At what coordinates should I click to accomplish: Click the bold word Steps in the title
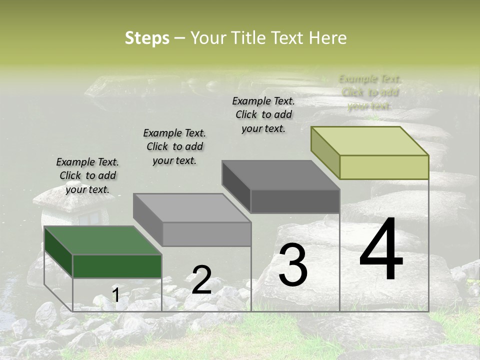tap(147, 38)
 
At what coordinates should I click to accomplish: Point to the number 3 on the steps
tap(293, 265)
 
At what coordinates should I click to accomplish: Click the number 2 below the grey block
tap(201, 280)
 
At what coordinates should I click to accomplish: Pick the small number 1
tap(115, 295)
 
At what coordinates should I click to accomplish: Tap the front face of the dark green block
tap(117, 266)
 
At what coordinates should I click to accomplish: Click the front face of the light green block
tap(384, 167)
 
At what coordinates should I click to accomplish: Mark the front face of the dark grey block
tap(295, 201)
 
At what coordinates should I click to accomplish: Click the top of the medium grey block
tap(192, 207)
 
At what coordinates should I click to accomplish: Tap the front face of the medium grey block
tap(206, 234)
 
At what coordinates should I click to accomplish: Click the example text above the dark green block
tap(87, 175)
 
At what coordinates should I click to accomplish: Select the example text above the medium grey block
tap(174, 146)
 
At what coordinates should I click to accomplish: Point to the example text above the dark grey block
tap(263, 114)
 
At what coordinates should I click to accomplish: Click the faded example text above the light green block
tap(370, 92)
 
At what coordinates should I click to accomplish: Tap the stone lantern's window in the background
tap(90, 218)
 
